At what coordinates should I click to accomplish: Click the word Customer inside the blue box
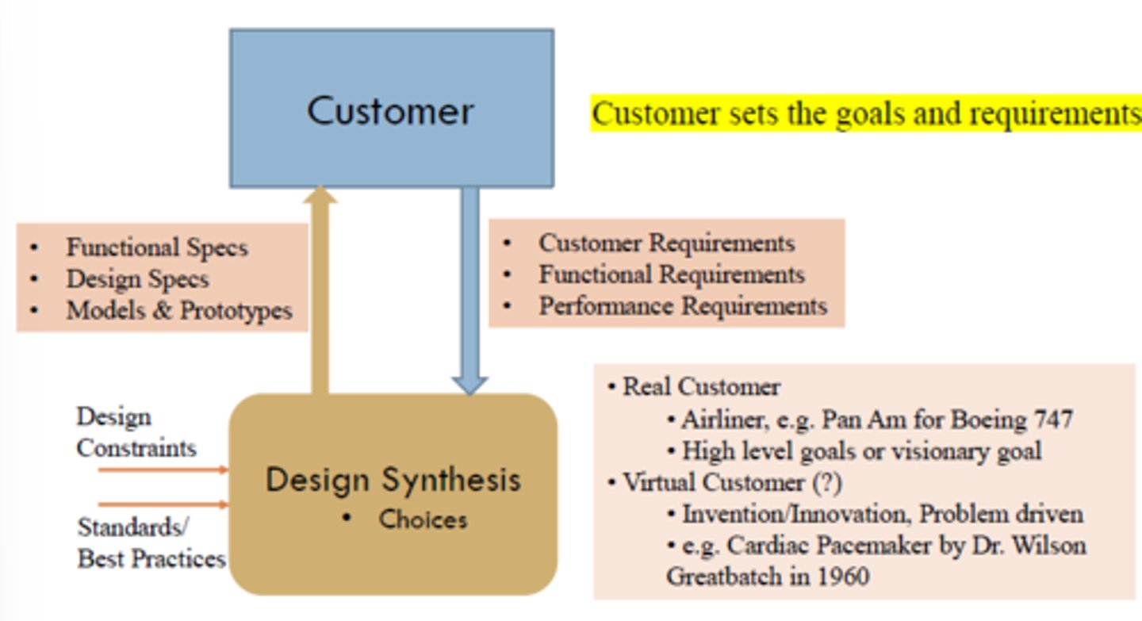(x=390, y=111)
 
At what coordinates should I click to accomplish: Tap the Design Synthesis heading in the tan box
(x=393, y=480)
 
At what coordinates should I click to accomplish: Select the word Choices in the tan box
(x=423, y=519)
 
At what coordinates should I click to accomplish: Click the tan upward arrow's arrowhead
(x=320, y=195)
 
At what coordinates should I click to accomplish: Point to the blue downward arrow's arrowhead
(x=469, y=386)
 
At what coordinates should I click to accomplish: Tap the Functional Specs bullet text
(x=157, y=247)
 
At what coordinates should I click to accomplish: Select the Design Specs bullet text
(x=138, y=279)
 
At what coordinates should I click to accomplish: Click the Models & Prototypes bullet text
(x=179, y=311)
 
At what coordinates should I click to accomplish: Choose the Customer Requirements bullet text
(x=667, y=243)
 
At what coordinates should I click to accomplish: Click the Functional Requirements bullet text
(x=672, y=274)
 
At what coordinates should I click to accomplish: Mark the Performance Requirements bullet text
(x=683, y=306)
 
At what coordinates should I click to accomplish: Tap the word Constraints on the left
(x=136, y=449)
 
